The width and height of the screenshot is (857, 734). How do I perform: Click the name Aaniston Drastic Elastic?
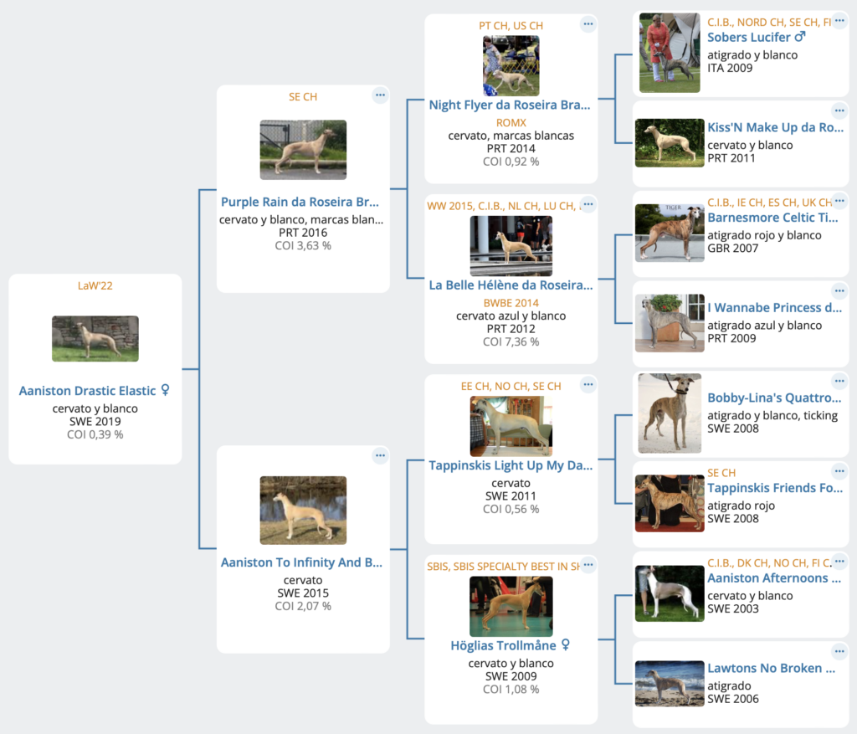coord(87,391)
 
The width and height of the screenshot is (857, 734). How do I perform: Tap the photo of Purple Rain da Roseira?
coord(303,150)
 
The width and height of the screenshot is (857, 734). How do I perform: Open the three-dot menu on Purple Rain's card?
coord(380,95)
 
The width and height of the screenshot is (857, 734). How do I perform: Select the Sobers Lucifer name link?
coord(749,37)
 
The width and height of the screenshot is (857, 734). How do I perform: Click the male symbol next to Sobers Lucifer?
coord(800,37)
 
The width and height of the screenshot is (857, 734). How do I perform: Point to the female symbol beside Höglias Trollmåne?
coord(566,645)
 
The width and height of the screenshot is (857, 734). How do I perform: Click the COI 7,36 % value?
coord(511,341)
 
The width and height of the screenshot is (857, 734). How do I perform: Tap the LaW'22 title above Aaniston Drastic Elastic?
coord(95,285)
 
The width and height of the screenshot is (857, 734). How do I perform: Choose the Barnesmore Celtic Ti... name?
coord(772,218)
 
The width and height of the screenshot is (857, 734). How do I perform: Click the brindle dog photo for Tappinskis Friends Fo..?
coord(670,503)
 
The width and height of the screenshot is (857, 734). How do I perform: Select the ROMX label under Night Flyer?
coord(511,122)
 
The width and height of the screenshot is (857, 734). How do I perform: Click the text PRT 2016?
coord(303,233)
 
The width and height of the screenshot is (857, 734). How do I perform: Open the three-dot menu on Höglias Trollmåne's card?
coord(588,565)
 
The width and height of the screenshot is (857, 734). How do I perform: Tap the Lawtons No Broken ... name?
coord(771,668)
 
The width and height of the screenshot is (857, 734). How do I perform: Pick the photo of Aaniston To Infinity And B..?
coord(303,510)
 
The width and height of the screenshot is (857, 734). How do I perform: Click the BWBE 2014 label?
coord(511,303)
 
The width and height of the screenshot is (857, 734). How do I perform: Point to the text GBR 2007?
coord(733,248)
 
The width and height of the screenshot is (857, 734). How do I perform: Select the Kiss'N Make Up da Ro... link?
coord(776,127)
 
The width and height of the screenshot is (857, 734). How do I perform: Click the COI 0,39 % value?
coord(95,434)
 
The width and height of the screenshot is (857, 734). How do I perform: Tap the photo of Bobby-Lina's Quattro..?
coord(670,413)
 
